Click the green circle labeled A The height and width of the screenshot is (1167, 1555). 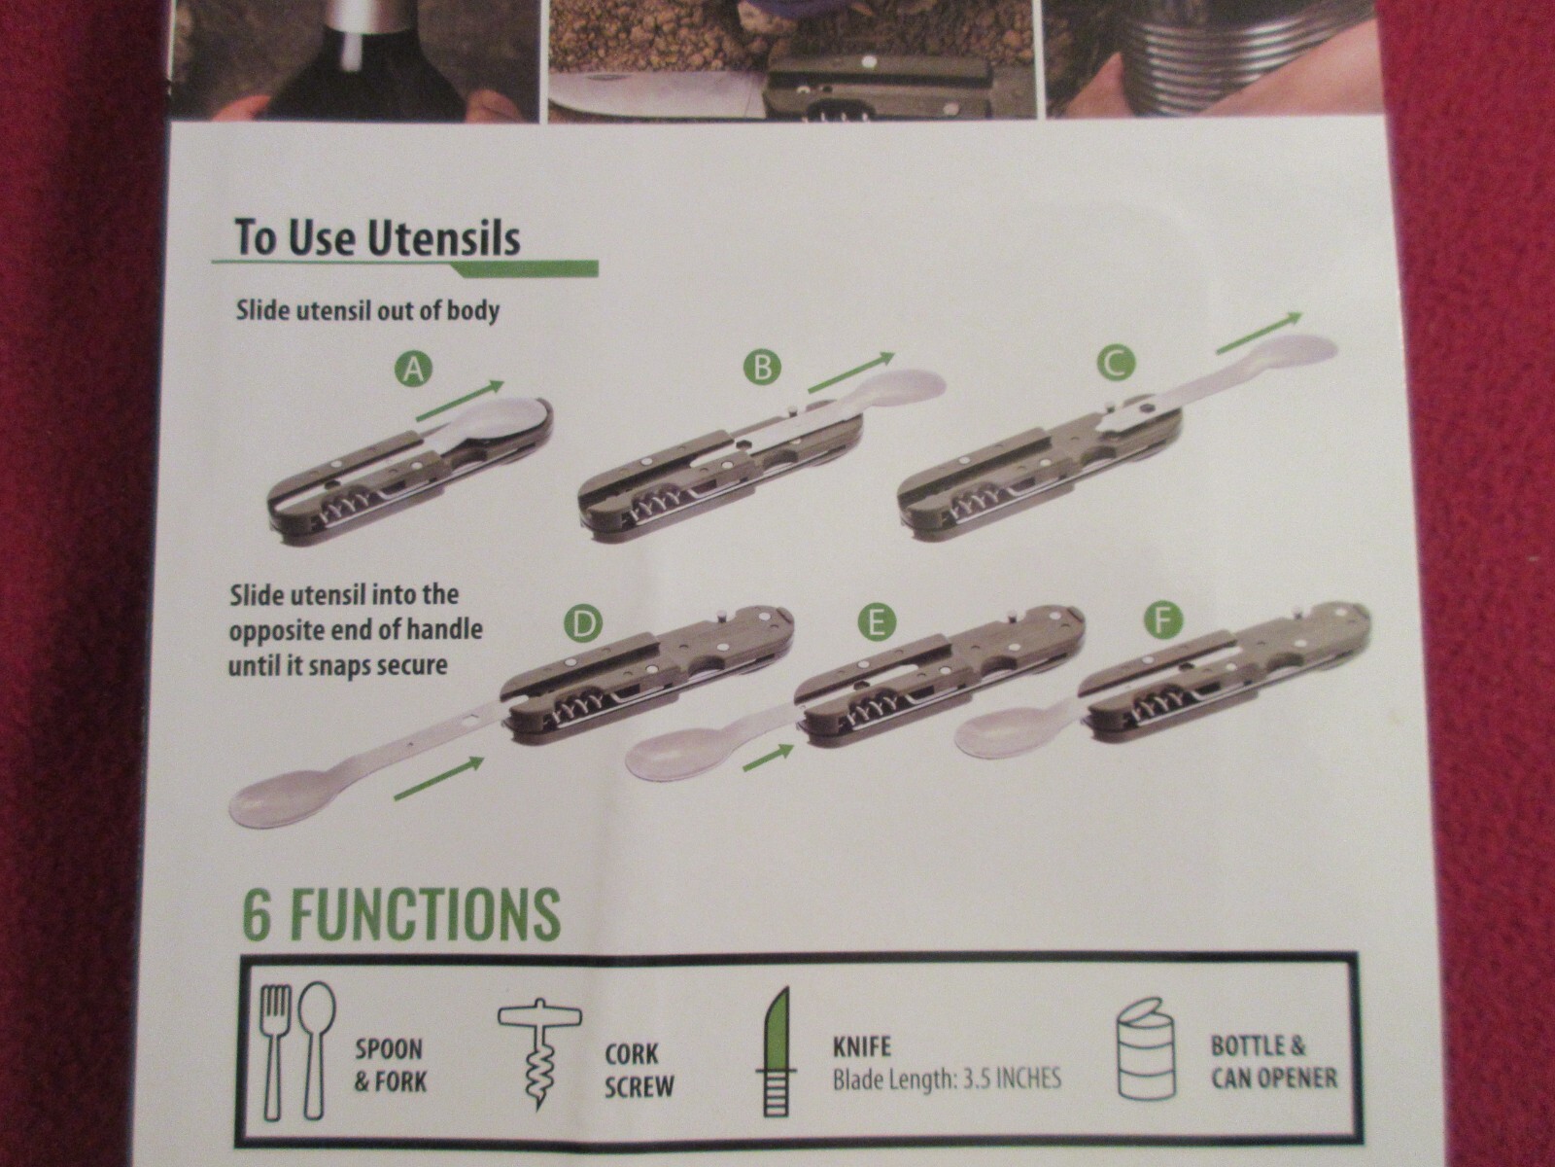pos(414,370)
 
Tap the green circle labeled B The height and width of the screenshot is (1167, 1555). pos(762,369)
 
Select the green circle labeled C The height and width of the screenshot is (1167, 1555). pos(1115,364)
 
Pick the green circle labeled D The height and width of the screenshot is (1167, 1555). pos(582,624)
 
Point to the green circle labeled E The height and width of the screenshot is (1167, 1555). pos(876,622)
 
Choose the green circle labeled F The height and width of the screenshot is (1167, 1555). pos(1164,620)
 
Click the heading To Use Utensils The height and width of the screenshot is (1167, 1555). pos(377,237)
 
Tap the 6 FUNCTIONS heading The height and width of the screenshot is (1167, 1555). pos(401,913)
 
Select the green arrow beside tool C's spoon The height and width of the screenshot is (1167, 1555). pos(1259,333)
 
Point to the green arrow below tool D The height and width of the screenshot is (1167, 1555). pos(438,778)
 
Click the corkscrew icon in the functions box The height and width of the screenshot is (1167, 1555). pos(540,1056)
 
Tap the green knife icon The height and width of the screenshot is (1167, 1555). pos(777,1051)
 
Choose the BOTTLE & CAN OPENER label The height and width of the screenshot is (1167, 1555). pos(1273,1062)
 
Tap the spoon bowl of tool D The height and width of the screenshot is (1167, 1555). pos(274,802)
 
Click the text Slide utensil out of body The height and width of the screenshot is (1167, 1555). pos(367,311)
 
